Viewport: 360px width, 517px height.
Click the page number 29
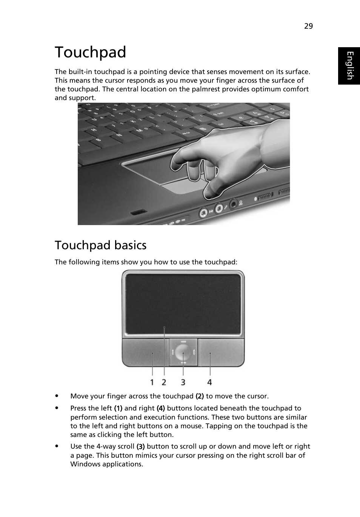(308, 26)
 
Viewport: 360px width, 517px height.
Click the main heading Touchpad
(91, 52)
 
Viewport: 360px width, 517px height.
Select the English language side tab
(349, 66)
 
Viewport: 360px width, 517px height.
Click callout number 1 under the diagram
(152, 383)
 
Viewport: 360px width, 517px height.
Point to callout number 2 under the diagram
(164, 383)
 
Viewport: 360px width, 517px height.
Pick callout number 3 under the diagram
(183, 383)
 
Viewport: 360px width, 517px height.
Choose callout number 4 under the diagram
(209, 383)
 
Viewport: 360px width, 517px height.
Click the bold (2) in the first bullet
(200, 396)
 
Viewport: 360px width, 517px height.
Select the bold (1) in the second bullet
(118, 408)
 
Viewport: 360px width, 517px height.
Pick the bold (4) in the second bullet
(161, 408)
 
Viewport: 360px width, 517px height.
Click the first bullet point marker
(57, 396)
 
